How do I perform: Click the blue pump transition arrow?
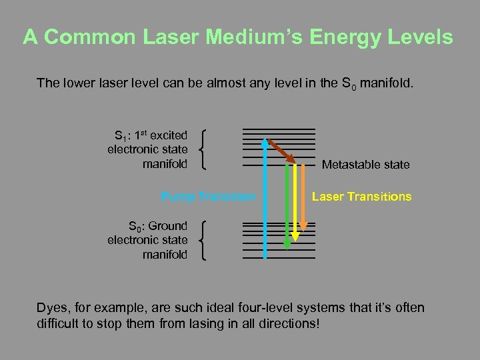coord(265,200)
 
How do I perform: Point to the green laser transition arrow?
coord(287,207)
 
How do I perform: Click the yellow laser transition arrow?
coord(296,200)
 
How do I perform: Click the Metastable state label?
coord(365,165)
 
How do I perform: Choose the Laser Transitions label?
coord(361,197)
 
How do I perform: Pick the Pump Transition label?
coord(208,197)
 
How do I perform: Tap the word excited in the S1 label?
coord(169,135)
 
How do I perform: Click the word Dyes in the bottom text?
coord(51,308)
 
